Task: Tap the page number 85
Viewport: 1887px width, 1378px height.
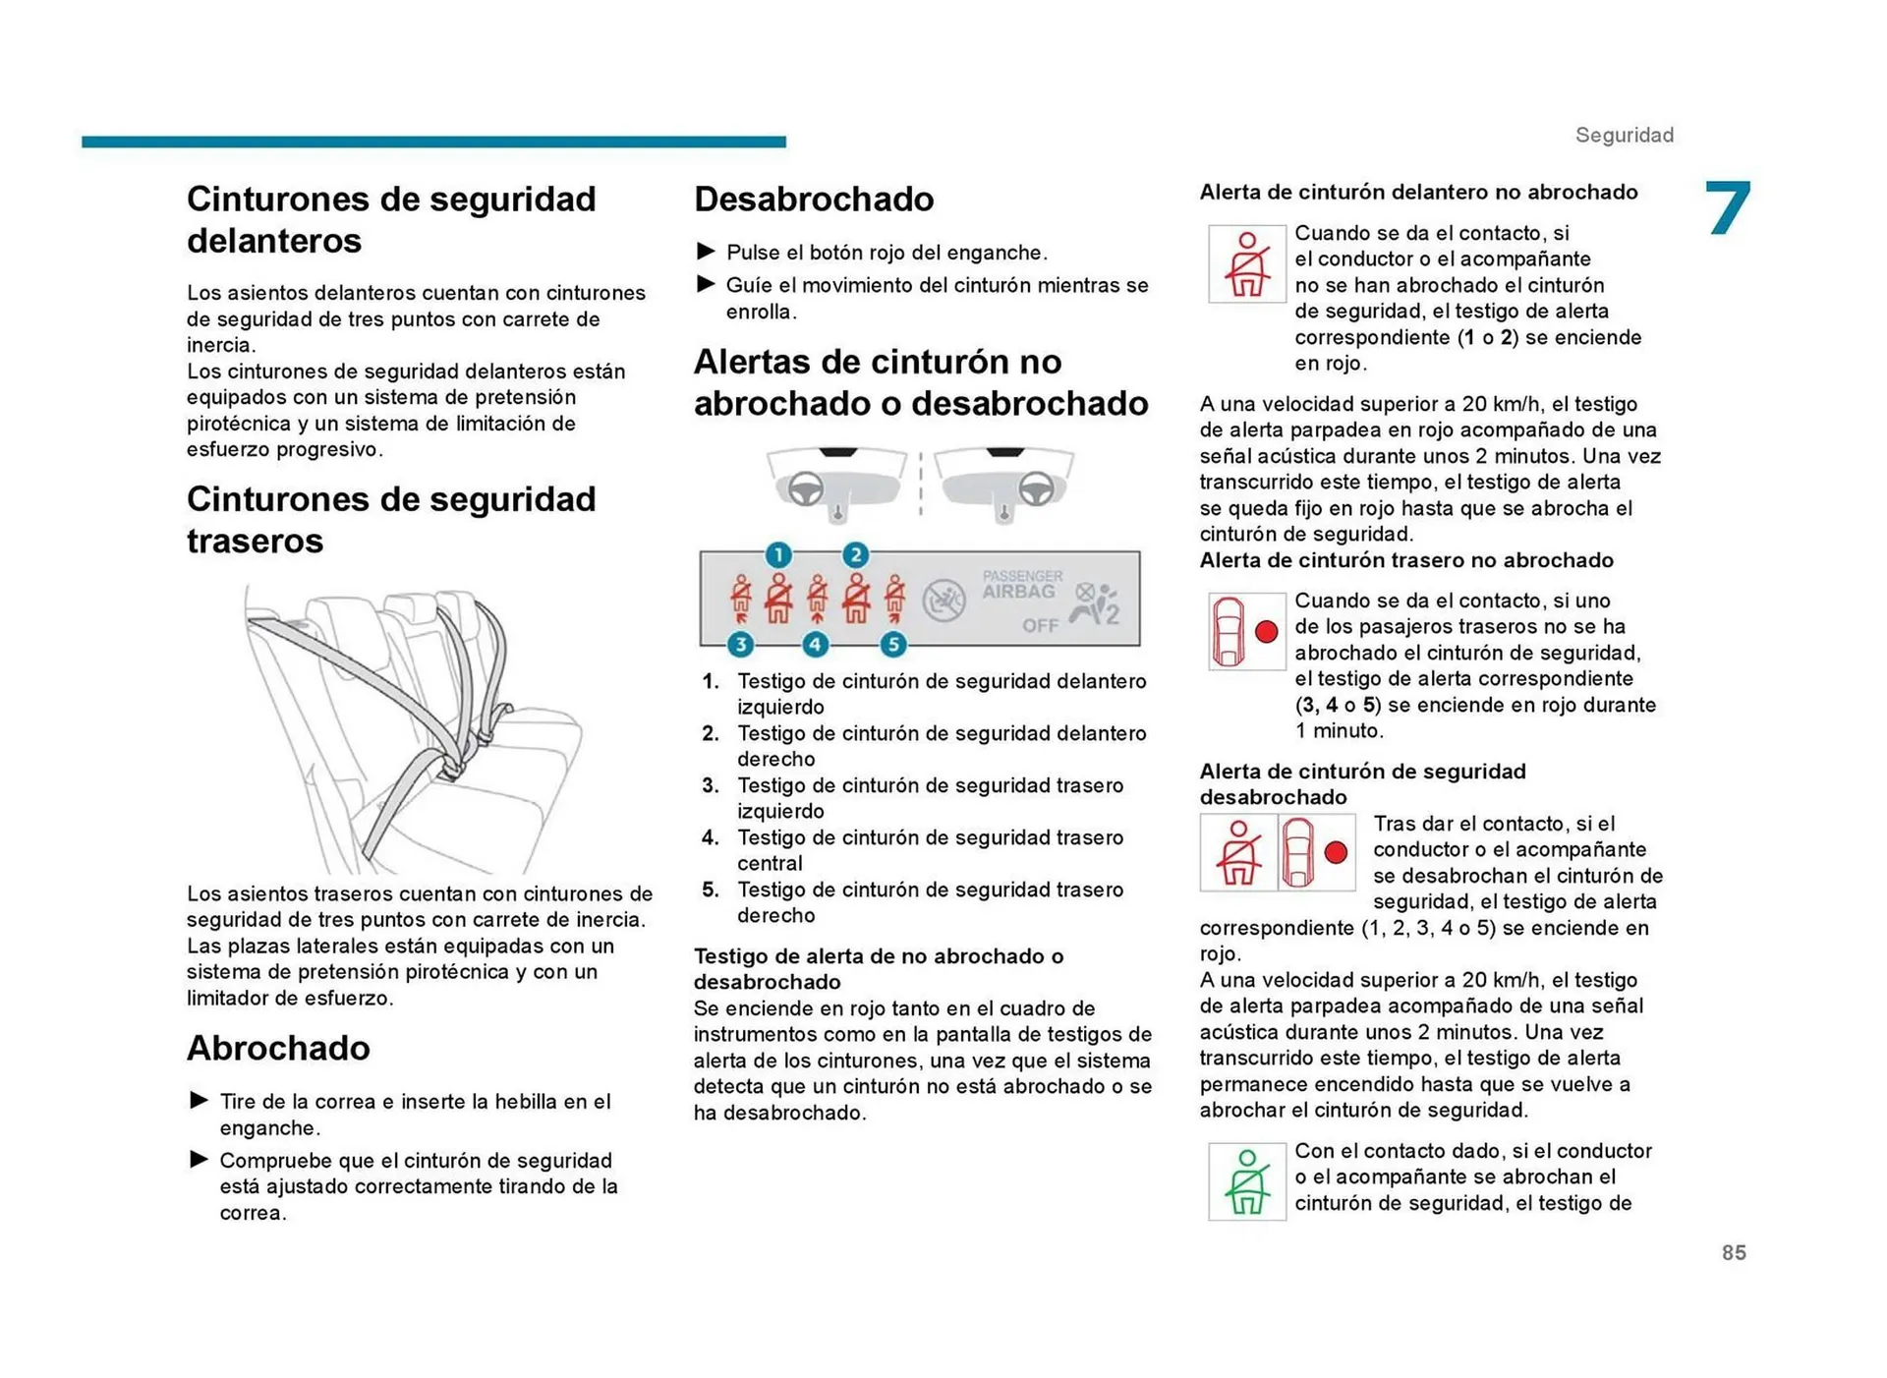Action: pos(1733,1252)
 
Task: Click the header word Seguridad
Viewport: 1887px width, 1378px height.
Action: pos(1624,135)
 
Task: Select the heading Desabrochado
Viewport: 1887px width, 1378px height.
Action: pos(814,199)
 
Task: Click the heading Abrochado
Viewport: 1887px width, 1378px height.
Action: pos(278,1048)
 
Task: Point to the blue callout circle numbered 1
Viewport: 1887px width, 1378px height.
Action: pos(778,554)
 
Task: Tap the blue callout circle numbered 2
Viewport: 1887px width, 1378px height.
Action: pos(855,554)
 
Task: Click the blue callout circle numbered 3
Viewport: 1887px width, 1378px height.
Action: pos(740,645)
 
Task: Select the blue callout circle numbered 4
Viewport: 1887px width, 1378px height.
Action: pos(815,645)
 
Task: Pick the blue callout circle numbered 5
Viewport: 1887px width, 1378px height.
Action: pos(892,645)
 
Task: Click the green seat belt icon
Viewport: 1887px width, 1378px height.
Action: pos(1246,1181)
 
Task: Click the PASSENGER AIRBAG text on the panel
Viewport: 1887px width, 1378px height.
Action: pos(1021,584)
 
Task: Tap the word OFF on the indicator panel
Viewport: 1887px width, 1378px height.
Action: pos(1040,625)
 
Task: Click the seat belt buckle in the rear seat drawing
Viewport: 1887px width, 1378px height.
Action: pos(452,768)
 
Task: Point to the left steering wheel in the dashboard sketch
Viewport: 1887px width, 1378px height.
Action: pos(806,488)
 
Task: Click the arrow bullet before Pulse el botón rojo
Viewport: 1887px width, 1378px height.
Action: pos(706,252)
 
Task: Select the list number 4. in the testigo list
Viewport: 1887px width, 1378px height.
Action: pos(711,837)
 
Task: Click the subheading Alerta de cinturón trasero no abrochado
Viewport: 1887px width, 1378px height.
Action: pos(1405,560)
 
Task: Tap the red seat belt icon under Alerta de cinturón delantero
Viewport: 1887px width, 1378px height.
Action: pos(1246,263)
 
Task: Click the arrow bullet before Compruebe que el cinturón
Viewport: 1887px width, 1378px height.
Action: pos(199,1160)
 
